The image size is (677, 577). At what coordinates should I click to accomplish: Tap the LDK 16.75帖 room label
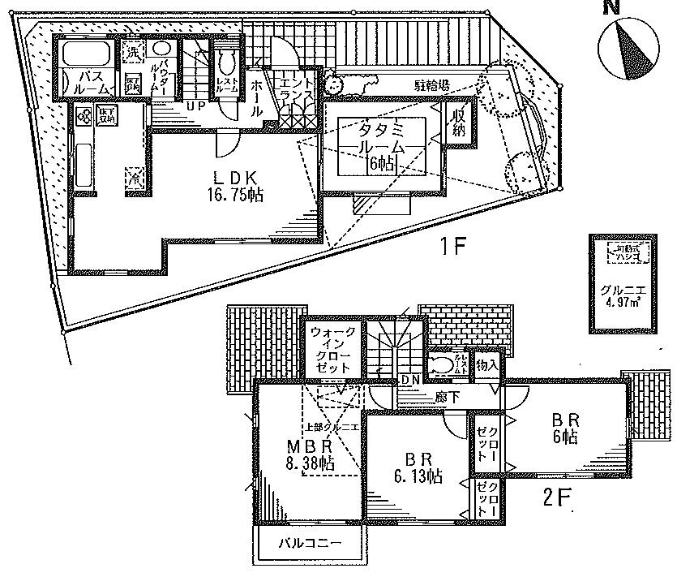pyautogui.click(x=229, y=186)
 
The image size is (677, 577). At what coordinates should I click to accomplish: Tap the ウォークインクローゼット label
pyautogui.click(x=332, y=350)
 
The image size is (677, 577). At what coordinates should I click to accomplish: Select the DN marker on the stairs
pyautogui.click(x=411, y=379)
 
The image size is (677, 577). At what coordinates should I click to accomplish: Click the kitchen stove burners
pyautogui.click(x=84, y=116)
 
